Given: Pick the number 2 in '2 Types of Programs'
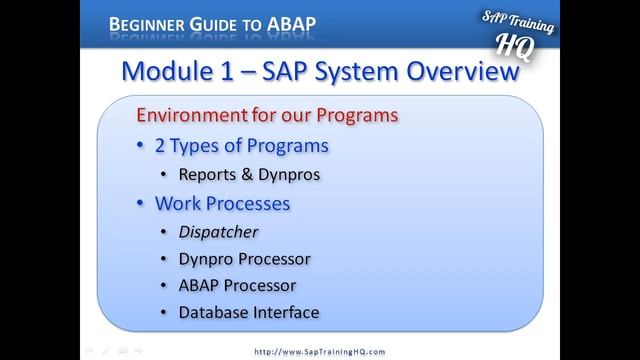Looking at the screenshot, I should pyautogui.click(x=161, y=145).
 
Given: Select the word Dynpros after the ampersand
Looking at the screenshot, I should pyautogui.click(x=292, y=174).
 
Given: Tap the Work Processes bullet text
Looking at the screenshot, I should pyautogui.click(x=222, y=203).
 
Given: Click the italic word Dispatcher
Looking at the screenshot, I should pyautogui.click(x=218, y=232).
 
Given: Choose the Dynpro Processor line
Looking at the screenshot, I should pyautogui.click(x=244, y=259).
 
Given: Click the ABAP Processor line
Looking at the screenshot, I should pyautogui.click(x=237, y=286).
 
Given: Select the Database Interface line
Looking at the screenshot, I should pyautogui.click(x=248, y=313).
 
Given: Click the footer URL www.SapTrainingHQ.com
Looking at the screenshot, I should pyautogui.click(x=320, y=352).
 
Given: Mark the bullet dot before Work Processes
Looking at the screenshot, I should pyautogui.click(x=140, y=204).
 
